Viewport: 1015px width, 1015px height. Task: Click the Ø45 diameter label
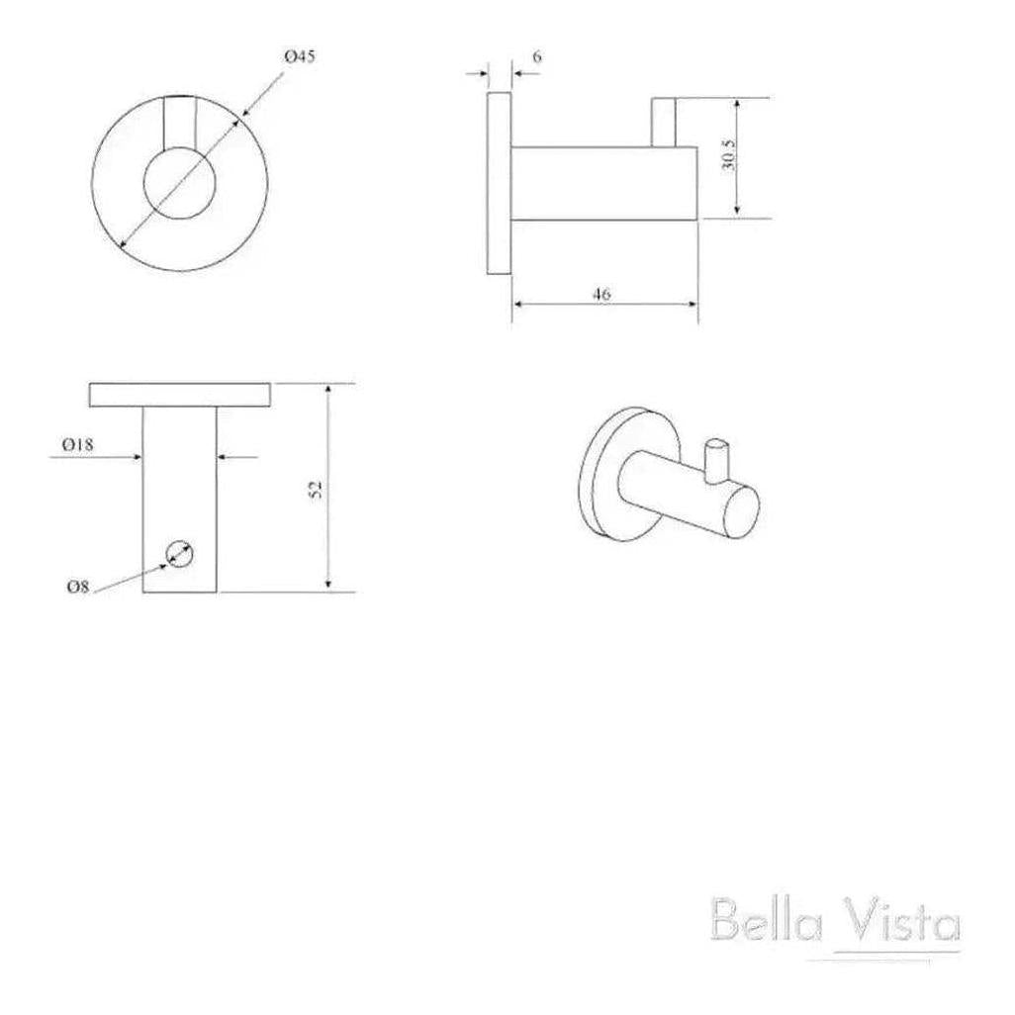[300, 57]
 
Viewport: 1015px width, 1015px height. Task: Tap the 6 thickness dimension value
[536, 57]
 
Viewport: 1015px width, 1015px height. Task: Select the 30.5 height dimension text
[729, 154]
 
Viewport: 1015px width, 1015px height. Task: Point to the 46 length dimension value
[602, 294]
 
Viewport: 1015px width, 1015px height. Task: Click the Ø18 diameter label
[78, 445]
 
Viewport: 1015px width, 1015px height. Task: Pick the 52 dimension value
[316, 489]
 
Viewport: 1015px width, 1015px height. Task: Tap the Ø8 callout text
[78, 587]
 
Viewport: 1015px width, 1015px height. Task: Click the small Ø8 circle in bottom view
[180, 554]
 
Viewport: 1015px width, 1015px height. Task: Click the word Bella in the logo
[766, 919]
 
